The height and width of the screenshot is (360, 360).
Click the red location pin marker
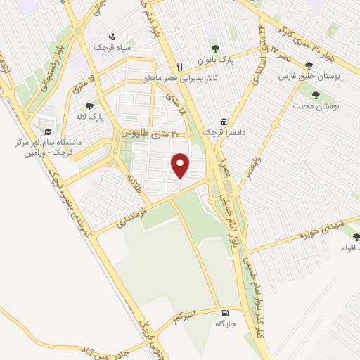(181, 165)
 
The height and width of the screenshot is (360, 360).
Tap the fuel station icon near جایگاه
(224, 313)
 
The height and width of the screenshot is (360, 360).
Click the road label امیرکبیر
(184, 318)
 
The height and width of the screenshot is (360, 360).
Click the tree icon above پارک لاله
(88, 106)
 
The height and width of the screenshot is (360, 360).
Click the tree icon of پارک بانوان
(214, 49)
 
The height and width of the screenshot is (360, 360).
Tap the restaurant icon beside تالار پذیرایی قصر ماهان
(180, 67)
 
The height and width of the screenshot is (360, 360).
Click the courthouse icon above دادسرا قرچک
(224, 122)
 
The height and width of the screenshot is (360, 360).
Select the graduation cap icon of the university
(47, 131)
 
